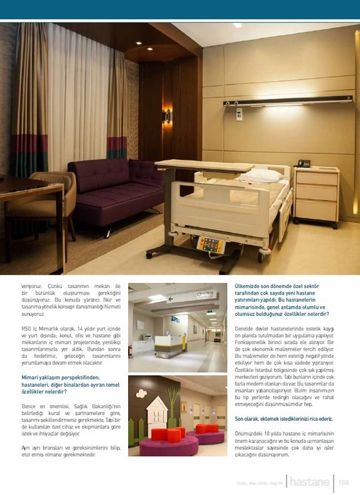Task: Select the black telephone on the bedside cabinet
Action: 303,164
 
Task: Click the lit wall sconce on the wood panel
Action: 167,115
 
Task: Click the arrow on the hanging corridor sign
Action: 170,298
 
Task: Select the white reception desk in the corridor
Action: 166,345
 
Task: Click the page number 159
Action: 344,481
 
